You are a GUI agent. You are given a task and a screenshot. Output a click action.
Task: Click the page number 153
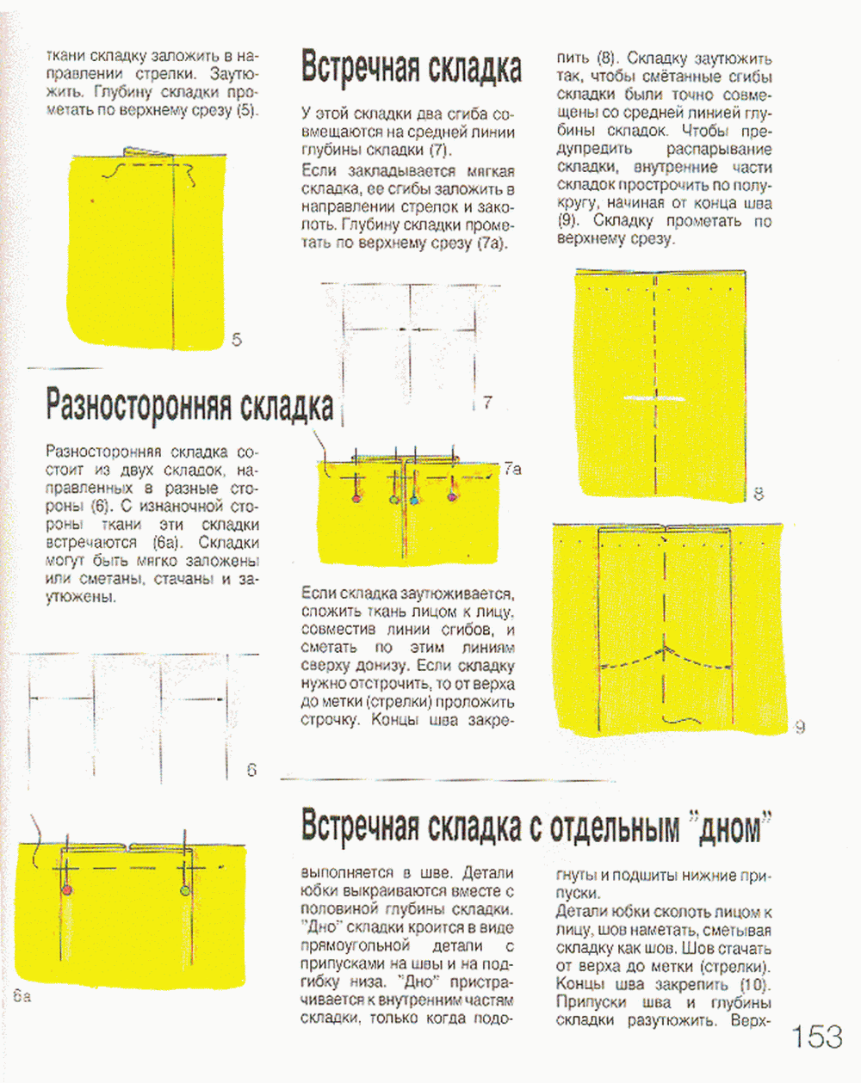pos(817,1036)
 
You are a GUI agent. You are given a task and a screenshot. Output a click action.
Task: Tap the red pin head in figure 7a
pos(356,497)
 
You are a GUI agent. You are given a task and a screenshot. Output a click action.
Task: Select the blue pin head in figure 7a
pos(413,499)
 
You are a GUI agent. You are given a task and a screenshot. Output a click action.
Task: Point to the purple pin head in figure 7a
pos(452,496)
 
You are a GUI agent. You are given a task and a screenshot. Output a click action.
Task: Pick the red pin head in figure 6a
pos(67,889)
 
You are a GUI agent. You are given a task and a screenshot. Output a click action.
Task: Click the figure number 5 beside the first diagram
pos(237,340)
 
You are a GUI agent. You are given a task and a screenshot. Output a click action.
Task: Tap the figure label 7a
pos(512,469)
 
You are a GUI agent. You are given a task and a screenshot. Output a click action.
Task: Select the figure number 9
pos(800,728)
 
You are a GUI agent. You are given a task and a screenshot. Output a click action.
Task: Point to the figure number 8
pos(759,494)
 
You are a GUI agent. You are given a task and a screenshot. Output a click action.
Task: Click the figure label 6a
pos(22,997)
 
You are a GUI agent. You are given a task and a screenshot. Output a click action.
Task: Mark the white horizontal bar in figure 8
pos(652,399)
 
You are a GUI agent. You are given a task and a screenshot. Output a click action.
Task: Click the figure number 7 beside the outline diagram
pos(487,402)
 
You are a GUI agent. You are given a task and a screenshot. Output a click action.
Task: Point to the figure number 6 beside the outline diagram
pos(251,770)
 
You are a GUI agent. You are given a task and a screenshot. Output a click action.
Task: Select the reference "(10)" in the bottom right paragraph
pos(754,984)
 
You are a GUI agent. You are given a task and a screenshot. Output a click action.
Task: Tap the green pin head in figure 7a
pos(394,499)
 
